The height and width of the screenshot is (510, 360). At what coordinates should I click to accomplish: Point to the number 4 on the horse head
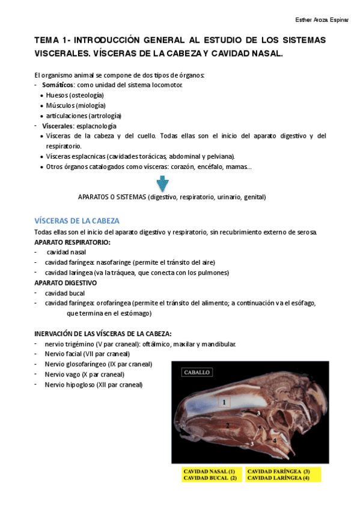(x=274, y=440)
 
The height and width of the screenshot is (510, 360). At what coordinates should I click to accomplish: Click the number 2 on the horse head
(x=227, y=425)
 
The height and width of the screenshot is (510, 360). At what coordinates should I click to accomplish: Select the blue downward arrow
(x=162, y=183)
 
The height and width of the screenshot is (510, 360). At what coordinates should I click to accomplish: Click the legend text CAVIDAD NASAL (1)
(x=209, y=471)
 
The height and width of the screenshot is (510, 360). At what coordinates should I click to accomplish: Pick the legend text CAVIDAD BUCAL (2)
(x=209, y=478)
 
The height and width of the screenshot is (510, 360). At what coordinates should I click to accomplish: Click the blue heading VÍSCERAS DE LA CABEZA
(x=76, y=221)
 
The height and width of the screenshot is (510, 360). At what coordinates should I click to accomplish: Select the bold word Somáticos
(x=58, y=85)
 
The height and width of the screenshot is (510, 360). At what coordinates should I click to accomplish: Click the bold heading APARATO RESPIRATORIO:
(x=72, y=242)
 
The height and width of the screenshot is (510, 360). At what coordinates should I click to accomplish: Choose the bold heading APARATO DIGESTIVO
(x=66, y=283)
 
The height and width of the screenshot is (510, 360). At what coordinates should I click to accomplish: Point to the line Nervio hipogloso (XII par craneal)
(x=93, y=384)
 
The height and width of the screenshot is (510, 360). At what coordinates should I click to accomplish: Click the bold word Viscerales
(x=58, y=126)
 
